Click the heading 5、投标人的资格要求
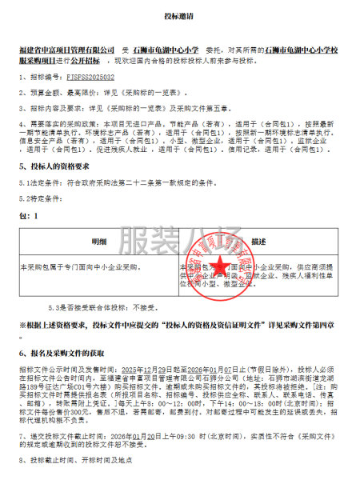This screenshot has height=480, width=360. pos(60,166)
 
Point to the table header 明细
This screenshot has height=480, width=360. pos(98,241)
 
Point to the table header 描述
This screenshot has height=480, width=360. pos(258,241)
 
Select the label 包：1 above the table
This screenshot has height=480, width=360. pos(29,217)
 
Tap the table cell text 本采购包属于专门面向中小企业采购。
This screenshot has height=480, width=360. pos(80,265)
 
